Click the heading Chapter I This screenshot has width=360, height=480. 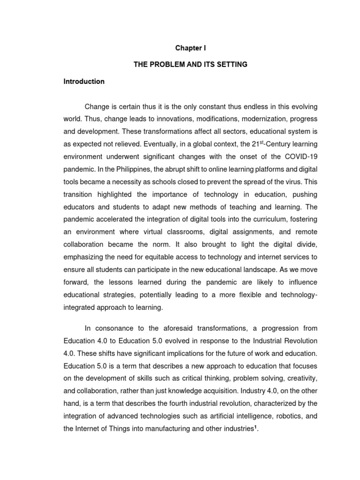pyautogui.click(x=190, y=48)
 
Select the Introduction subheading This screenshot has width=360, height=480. pyautogui.click(x=84, y=81)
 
